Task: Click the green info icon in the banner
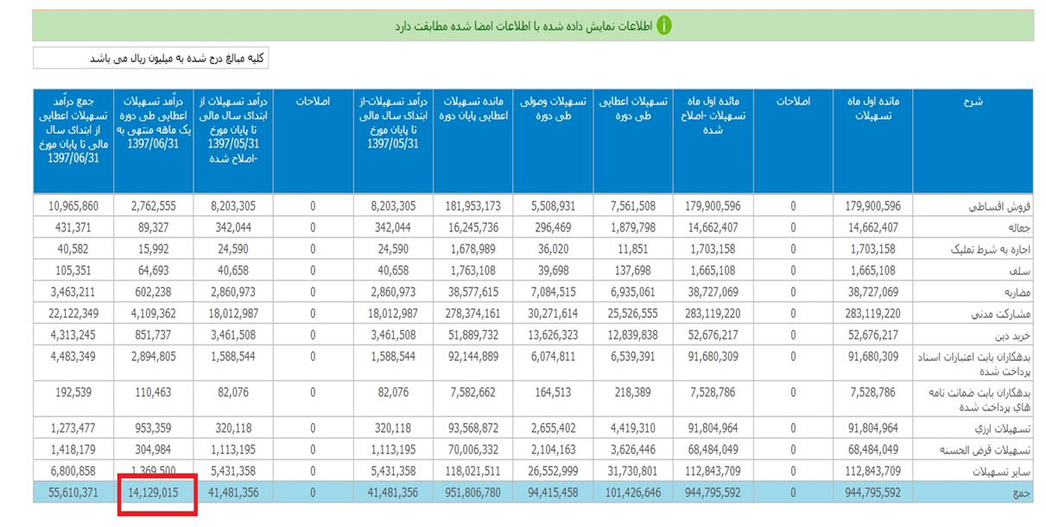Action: (x=663, y=25)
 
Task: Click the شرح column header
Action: (x=972, y=102)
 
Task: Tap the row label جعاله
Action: (x=1015, y=228)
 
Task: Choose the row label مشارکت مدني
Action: (x=1002, y=314)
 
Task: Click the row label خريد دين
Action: (x=1009, y=335)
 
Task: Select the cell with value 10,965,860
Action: (x=74, y=206)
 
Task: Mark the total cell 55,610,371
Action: (x=74, y=493)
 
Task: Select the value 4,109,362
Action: (x=154, y=314)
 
